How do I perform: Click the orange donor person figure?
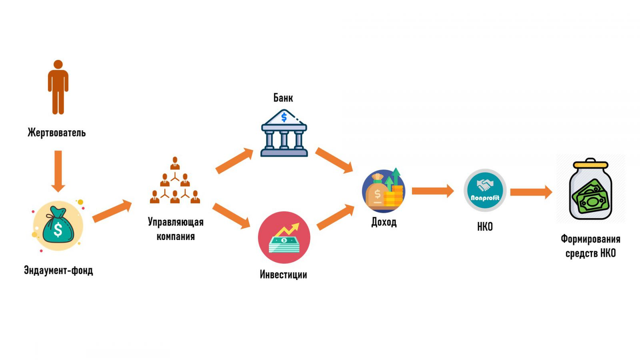pos(58,87)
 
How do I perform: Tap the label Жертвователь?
pos(57,132)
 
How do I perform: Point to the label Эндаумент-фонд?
pos(58,270)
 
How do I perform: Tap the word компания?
pos(175,236)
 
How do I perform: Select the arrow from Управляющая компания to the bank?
pos(234,161)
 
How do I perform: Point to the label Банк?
pos(283,98)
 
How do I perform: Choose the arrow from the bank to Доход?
pos(334,161)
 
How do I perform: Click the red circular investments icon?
pos(284,238)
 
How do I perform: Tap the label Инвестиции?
pos(283,275)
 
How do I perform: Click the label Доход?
pos(383,222)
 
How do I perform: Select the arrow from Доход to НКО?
pos(433,190)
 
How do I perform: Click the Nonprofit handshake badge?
pos(485,191)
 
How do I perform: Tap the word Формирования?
pos(590,239)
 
